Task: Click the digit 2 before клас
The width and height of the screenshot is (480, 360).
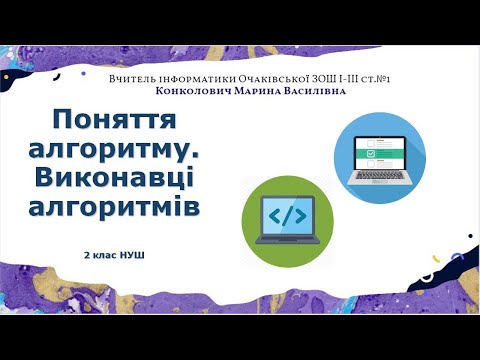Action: pyautogui.click(x=88, y=255)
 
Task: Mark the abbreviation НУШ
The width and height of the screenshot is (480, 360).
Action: pyautogui.click(x=133, y=255)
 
